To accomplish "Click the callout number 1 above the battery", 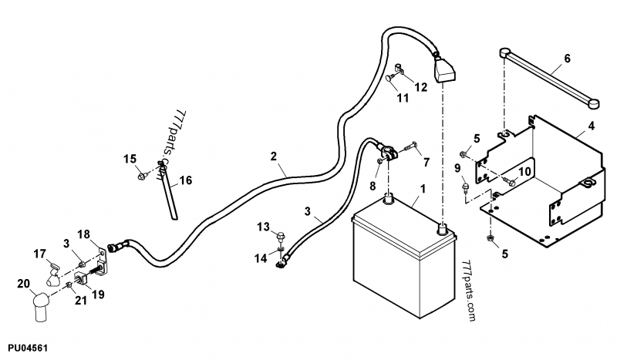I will (x=422, y=188).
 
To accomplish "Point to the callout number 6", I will (x=568, y=58).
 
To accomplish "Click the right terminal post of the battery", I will (x=442, y=228).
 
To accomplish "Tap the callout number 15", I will (x=130, y=159).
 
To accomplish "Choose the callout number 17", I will (x=39, y=253).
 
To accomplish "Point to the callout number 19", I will (x=98, y=294).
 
